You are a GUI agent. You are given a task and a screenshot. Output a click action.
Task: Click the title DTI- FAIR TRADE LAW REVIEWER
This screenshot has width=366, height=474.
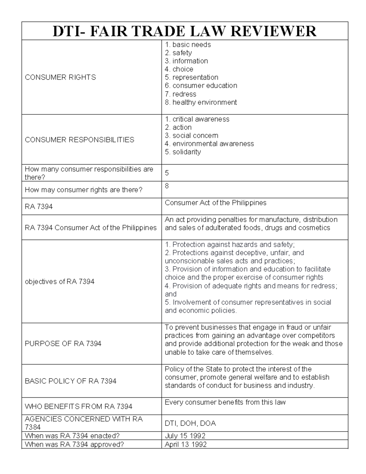pyautogui.click(x=185, y=31)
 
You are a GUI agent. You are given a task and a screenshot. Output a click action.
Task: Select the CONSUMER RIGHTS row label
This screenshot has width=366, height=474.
pyautogui.click(x=60, y=78)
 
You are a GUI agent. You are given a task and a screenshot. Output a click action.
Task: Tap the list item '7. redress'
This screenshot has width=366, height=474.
pyautogui.click(x=180, y=94)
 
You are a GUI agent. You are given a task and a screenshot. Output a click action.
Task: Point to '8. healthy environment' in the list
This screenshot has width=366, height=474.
pyautogui.click(x=201, y=102)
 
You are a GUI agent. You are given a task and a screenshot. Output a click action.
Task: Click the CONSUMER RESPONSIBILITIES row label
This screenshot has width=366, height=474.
pyautogui.click(x=79, y=140)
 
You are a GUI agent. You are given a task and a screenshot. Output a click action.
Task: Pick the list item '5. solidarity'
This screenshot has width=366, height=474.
pyautogui.click(x=183, y=152)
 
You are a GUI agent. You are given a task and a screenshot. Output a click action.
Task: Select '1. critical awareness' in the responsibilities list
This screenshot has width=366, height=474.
pyautogui.click(x=197, y=119)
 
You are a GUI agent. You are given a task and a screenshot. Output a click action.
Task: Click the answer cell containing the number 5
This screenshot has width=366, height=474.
pyautogui.click(x=167, y=173)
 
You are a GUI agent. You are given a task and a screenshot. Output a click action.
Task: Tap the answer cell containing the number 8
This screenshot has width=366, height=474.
pyautogui.click(x=167, y=186)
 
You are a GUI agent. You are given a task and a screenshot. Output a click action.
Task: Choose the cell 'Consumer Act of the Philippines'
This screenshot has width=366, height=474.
pyautogui.click(x=215, y=203)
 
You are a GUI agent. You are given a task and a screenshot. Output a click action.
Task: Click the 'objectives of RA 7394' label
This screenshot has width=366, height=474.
pyautogui.click(x=59, y=281)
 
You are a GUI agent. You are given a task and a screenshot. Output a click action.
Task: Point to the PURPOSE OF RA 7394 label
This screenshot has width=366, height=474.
pyautogui.click(x=63, y=344)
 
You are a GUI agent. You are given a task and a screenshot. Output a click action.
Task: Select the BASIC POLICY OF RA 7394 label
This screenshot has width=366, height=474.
pyautogui.click(x=70, y=381)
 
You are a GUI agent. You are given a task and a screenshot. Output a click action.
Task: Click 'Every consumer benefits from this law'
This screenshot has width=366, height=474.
pyautogui.click(x=225, y=402)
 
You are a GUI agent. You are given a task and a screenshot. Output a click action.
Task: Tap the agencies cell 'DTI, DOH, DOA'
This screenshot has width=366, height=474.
pyautogui.click(x=190, y=423)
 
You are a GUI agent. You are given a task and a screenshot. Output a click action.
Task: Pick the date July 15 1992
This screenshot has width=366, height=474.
pyautogui.click(x=185, y=436)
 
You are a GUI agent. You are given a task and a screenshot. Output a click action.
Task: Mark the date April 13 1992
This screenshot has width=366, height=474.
pyautogui.click(x=185, y=444)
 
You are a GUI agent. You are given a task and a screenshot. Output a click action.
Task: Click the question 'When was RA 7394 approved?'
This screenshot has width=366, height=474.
pyautogui.click(x=74, y=444)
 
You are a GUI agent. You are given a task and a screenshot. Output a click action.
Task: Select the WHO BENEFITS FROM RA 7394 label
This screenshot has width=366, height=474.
pyautogui.click(x=78, y=407)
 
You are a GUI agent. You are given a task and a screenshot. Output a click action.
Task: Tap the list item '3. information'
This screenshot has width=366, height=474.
pyautogui.click(x=186, y=61)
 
